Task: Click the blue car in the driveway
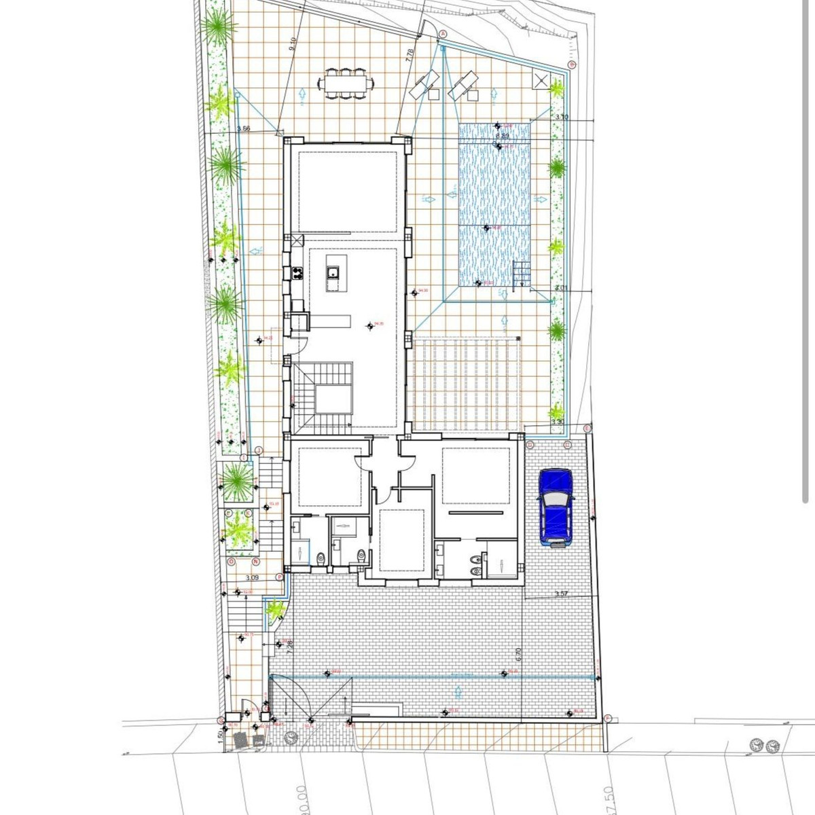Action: pyautogui.click(x=556, y=507)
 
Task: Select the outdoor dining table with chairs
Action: pyautogui.click(x=346, y=84)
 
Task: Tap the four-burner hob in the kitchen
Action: pyautogui.click(x=297, y=274)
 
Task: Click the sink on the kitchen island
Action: pyautogui.click(x=332, y=273)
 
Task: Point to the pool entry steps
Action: pyautogui.click(x=521, y=276)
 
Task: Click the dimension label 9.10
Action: pyautogui.click(x=293, y=44)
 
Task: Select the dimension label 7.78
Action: pyautogui.click(x=409, y=56)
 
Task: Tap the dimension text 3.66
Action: pyautogui.click(x=244, y=128)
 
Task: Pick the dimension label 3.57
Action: pyautogui.click(x=561, y=594)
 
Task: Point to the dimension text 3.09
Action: pyautogui.click(x=251, y=578)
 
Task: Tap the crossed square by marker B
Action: pyautogui.click(x=541, y=80)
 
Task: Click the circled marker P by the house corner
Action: pyautogui.click(x=279, y=576)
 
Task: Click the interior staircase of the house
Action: pyautogui.click(x=323, y=397)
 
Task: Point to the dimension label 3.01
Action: pyautogui.click(x=561, y=288)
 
